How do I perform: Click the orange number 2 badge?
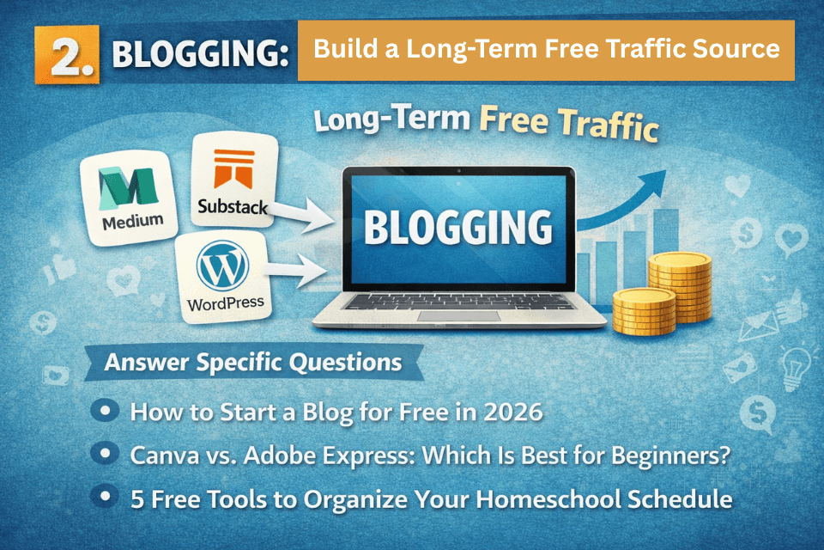point(67,55)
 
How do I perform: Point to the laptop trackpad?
point(457,316)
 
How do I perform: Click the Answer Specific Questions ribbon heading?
point(252,363)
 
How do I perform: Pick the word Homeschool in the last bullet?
point(531,498)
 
